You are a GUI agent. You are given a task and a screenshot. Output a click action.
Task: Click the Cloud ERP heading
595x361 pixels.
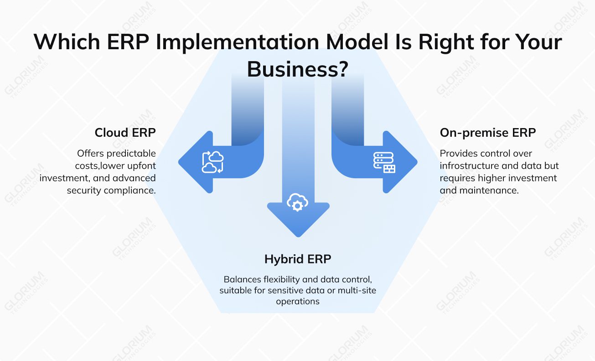[x=125, y=133]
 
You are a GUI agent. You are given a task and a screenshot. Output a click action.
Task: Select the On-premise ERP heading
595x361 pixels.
[x=487, y=133]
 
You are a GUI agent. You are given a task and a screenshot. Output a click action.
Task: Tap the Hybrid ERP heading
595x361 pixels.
[x=297, y=259]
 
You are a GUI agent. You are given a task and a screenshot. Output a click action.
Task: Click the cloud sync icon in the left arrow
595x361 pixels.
[x=212, y=162]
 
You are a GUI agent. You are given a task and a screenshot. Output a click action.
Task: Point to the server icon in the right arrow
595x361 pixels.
[x=384, y=162]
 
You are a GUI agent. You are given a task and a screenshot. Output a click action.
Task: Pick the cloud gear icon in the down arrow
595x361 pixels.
[x=297, y=202]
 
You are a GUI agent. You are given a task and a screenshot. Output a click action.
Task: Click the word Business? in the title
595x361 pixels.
[x=297, y=69]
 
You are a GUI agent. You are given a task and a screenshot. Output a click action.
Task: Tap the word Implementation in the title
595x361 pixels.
[x=237, y=42]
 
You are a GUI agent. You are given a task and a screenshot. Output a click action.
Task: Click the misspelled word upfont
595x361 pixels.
[x=140, y=165]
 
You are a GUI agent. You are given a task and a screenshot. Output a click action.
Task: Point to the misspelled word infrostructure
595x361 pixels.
[x=469, y=165]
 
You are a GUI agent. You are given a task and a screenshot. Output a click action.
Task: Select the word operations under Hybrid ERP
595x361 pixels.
[x=297, y=301]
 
